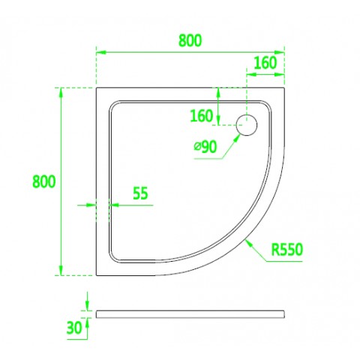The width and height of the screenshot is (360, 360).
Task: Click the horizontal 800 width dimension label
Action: [190, 40]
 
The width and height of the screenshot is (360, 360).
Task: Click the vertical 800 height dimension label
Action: [44, 181]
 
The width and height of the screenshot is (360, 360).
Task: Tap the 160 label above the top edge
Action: [265, 63]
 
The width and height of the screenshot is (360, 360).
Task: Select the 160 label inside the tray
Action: [202, 116]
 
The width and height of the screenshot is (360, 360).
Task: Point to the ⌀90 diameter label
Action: [205, 147]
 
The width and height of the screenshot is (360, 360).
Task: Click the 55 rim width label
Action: [140, 193]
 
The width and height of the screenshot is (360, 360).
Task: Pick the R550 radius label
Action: [287, 250]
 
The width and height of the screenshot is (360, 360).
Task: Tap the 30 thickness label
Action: [74, 328]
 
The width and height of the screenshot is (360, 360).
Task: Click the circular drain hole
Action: [247, 125]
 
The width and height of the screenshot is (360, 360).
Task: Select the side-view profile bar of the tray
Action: [190, 314]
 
